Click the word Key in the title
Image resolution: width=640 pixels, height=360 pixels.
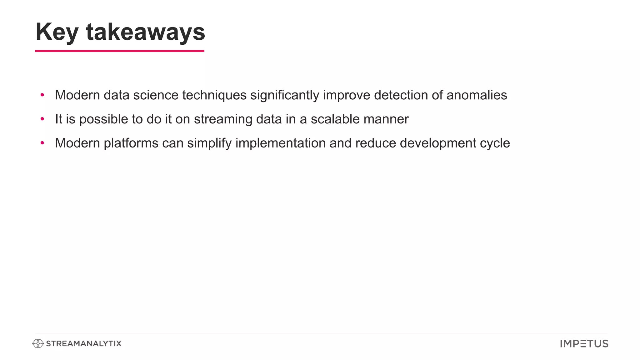57,32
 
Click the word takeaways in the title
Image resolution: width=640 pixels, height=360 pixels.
145,32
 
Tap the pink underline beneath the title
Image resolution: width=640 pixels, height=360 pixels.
120,51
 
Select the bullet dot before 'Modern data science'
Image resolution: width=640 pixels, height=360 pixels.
42,95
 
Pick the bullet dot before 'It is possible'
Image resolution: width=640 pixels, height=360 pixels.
42,119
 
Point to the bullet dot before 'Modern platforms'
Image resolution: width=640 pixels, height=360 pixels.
42,143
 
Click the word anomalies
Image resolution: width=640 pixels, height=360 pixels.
477,95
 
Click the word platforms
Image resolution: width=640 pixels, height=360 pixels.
131,143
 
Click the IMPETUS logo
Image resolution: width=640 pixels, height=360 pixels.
584,344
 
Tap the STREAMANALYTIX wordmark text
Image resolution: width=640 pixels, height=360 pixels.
83,344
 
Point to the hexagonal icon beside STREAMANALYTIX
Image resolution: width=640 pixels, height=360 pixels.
38,344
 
